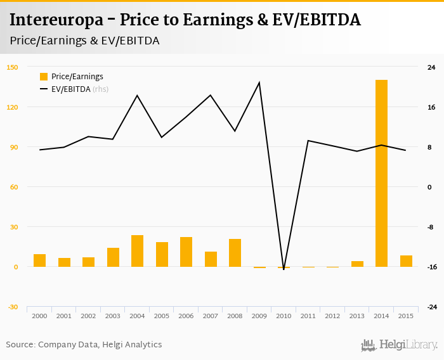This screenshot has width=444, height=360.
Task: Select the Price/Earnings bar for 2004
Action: coord(137,251)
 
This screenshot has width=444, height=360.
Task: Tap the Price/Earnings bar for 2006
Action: coord(186,252)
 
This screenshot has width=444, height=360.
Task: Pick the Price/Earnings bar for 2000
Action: coord(39,260)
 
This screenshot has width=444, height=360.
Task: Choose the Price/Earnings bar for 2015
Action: coord(406,261)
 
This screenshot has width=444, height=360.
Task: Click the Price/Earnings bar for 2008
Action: coord(235,253)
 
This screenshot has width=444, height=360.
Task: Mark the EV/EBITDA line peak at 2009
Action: coord(259,82)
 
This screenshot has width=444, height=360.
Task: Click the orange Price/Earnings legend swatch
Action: coord(44,77)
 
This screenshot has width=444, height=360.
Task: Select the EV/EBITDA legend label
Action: coord(71,89)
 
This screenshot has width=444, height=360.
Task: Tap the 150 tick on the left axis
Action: coord(11,67)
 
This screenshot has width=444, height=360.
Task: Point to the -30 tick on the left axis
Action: coord(11,307)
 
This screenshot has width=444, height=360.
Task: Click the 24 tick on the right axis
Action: coord(431,67)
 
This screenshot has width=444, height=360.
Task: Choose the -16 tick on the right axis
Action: coord(431,267)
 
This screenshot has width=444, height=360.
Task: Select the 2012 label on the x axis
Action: coord(332,316)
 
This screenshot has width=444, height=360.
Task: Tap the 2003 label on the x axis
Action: coord(112,316)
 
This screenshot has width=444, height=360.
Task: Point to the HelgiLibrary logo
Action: coord(399,345)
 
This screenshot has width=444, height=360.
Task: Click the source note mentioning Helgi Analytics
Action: coord(84,345)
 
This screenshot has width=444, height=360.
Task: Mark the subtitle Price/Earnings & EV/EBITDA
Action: coord(84,41)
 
